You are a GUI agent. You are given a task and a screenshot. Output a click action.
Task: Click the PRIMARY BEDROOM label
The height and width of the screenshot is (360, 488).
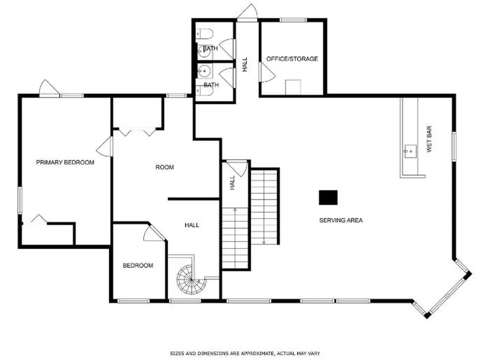click(65, 162)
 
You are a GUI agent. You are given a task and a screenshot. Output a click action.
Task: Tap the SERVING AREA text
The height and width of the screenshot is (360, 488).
click(341, 220)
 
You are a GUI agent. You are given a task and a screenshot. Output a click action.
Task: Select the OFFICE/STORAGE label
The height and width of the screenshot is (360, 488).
click(292, 59)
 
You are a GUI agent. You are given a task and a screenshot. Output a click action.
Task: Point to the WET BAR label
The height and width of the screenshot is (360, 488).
click(429, 139)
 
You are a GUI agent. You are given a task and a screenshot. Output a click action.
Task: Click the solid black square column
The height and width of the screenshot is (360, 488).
click(328, 197)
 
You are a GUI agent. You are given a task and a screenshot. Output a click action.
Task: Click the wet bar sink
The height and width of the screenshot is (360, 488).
click(410, 152)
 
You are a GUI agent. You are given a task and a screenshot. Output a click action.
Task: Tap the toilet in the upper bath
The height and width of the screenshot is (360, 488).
click(205, 33)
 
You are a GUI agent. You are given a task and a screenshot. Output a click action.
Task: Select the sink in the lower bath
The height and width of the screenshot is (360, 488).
click(204, 72)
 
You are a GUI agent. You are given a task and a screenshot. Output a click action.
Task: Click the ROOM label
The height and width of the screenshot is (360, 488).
click(164, 167)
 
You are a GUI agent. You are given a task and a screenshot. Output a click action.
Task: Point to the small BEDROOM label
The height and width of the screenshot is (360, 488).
click(138, 266)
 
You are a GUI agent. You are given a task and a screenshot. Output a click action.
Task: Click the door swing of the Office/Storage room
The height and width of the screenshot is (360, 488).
click(267, 72)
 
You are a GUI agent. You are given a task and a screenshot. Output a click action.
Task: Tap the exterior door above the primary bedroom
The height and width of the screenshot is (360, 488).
click(49, 88)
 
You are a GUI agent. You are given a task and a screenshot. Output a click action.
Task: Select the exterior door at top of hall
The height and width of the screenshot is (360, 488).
click(247, 13)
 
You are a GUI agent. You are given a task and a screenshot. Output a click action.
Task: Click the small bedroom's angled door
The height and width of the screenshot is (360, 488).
click(154, 233)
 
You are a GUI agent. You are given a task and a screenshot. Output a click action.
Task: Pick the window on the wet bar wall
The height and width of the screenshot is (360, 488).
click(454, 146)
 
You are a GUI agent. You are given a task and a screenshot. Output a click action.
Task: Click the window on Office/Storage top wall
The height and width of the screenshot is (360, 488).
click(293, 20)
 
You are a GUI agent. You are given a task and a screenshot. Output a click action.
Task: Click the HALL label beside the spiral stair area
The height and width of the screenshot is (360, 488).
click(192, 225)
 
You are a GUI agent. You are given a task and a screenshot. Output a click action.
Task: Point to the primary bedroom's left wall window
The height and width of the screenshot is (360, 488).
click(20, 200)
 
